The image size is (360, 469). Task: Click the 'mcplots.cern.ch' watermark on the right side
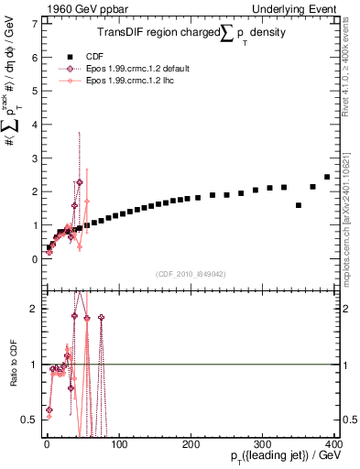pos(353,229)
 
